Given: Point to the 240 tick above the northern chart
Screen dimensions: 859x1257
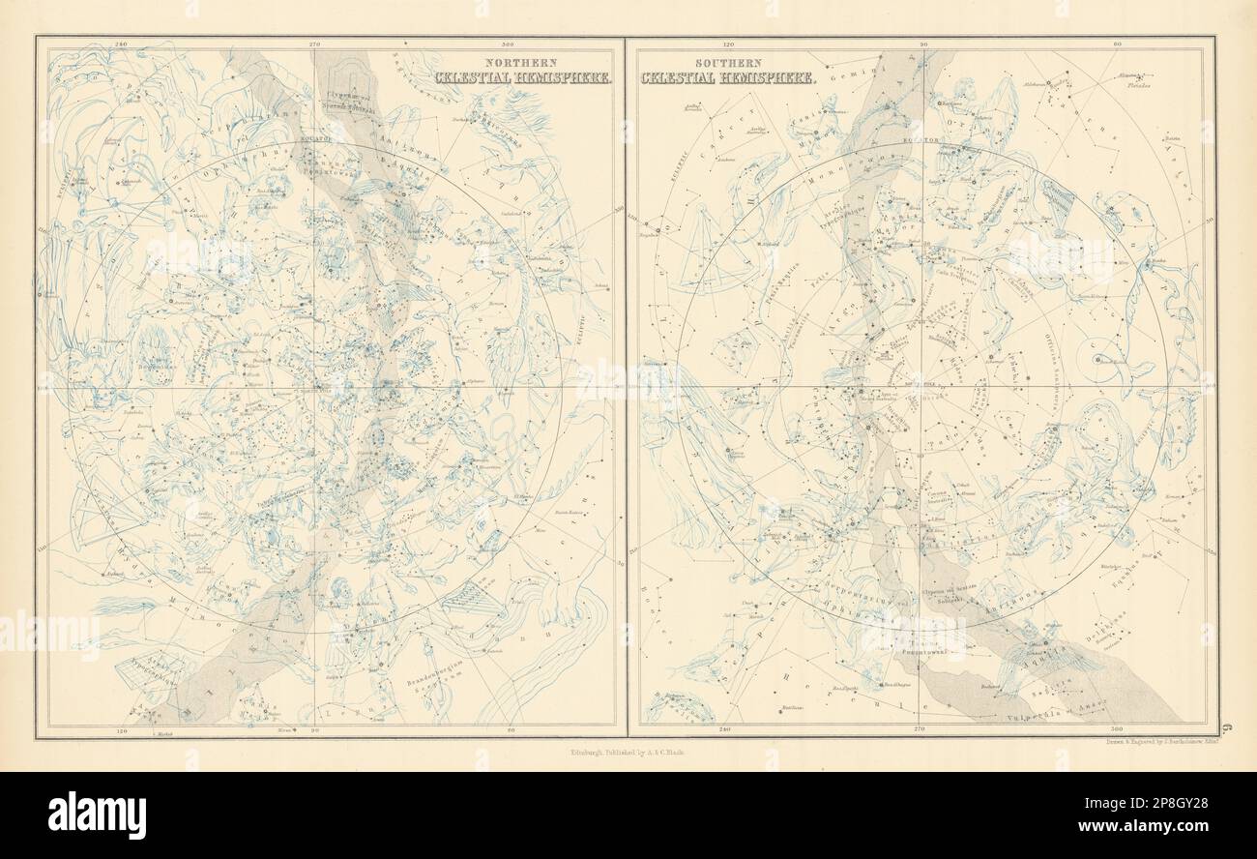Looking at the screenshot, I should (x=121, y=44).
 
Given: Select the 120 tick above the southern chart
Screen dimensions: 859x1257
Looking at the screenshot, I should (x=728, y=44).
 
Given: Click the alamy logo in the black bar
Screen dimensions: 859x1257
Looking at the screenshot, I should (x=97, y=815).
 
